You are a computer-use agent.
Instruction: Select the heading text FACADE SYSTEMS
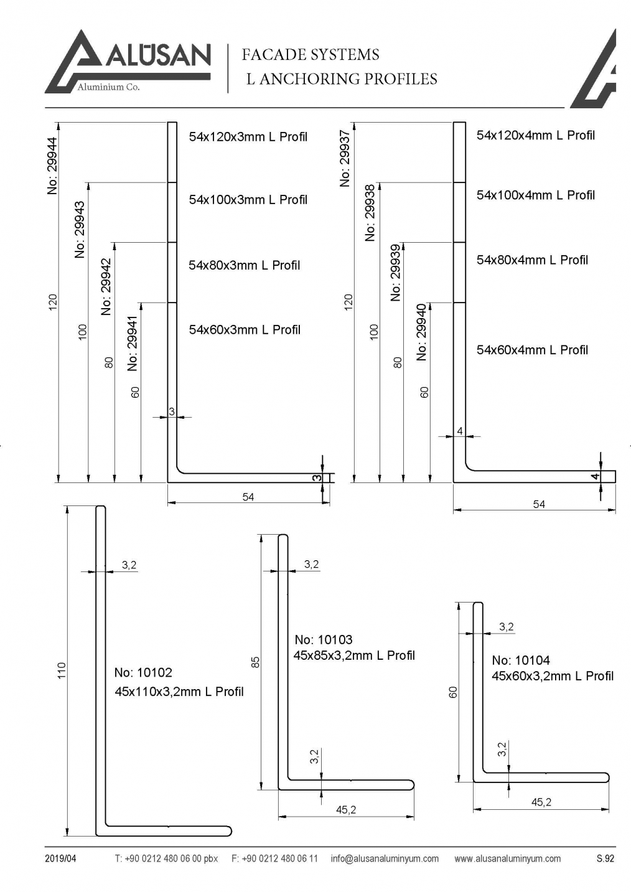310,55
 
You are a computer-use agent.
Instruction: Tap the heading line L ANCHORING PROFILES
342,79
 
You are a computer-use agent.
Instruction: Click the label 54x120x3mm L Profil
248,137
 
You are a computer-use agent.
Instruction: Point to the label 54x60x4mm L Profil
532,350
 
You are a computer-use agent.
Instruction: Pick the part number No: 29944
52,166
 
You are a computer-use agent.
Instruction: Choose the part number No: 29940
422,332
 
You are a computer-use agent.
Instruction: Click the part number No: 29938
370,213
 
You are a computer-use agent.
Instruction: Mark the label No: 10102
143,672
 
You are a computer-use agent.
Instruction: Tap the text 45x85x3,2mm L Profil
354,655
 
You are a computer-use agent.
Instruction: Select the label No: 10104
521,660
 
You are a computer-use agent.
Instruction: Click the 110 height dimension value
62,670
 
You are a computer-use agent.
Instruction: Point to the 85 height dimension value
255,662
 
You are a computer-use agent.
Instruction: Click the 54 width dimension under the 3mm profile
248,497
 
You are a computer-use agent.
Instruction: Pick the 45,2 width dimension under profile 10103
346,810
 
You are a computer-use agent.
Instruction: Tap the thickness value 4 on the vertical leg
460,431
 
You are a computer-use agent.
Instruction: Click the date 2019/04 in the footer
60,859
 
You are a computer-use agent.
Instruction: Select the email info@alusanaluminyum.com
385,859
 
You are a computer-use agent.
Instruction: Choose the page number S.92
605,859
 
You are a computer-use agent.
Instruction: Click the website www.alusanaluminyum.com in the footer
507,859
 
